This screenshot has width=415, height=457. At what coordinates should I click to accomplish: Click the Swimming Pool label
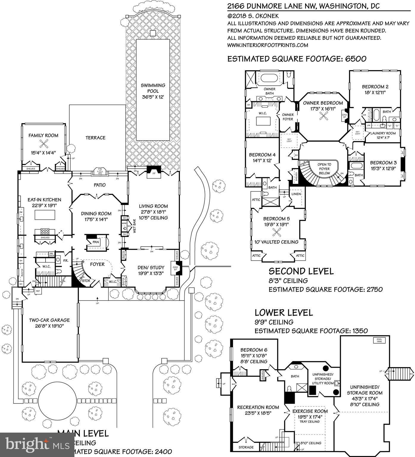pos(153,88)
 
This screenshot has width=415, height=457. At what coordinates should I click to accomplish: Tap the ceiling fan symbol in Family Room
pos(44,144)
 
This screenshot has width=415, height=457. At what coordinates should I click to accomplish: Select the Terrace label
pos(96,138)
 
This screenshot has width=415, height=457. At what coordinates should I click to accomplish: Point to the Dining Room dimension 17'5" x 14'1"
pos(96,220)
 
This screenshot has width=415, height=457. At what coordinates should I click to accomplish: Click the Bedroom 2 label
pos(375,87)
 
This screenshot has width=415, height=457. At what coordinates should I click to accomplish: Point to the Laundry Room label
pos(383,133)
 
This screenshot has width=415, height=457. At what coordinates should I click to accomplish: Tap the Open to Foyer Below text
pos(324,169)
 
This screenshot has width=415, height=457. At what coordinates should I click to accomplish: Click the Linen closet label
pos(297,194)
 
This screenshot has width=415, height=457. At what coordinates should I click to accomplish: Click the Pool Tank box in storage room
pos(379,340)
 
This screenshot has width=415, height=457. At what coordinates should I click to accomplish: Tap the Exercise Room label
pos(310,411)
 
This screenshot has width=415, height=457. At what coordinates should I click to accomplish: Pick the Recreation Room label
pos(258,407)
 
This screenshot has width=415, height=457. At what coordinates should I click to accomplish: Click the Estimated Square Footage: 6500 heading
pos(297,59)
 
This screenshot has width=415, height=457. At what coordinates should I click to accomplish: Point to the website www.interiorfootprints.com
pos(268,45)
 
